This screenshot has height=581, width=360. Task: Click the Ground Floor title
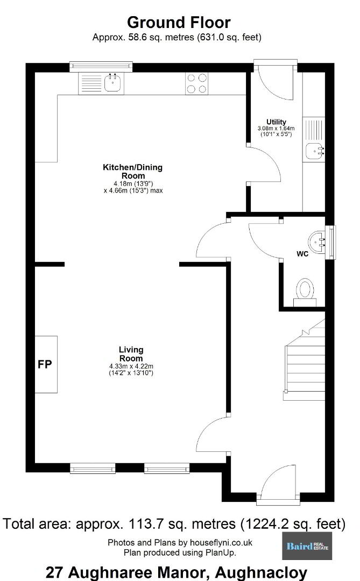point(179,23)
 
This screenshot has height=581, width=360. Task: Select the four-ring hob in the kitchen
point(197,83)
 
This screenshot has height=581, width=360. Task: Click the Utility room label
point(276,122)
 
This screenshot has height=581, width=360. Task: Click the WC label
point(302,254)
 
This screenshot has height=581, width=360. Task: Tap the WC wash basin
point(317,242)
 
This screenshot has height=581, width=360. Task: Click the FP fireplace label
point(45,364)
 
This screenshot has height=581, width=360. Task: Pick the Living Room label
point(131,354)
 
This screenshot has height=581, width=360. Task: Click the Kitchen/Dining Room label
point(133,171)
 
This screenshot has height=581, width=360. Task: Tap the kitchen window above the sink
point(101,66)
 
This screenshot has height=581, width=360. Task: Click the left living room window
point(93,469)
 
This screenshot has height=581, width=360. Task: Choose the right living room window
point(167,469)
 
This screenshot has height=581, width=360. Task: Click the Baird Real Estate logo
point(307,546)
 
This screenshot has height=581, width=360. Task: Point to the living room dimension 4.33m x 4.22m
point(131,366)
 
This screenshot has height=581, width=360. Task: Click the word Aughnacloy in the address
point(261,572)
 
